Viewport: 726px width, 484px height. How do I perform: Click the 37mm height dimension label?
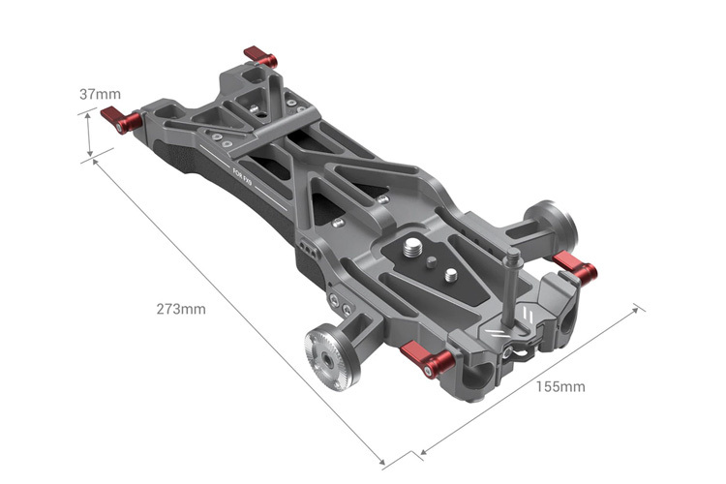100,94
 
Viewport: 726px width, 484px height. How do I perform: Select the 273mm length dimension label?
181,310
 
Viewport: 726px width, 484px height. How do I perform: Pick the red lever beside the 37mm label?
121,120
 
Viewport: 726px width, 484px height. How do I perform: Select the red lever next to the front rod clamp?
428,359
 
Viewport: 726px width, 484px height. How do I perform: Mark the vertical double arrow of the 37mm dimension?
89,134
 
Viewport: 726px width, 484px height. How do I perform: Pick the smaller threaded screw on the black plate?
452,275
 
